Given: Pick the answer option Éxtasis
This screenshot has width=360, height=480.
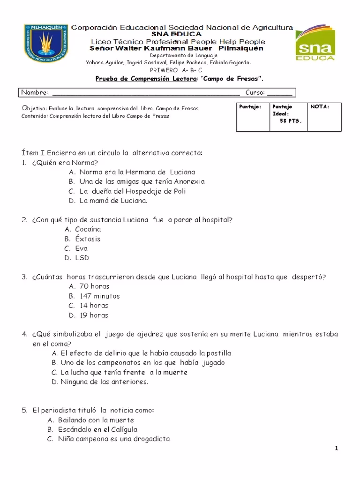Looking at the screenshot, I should click(88, 239).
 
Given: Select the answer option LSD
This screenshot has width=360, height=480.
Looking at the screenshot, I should click(82, 258).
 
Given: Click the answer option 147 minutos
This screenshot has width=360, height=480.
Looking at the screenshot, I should click(99, 296).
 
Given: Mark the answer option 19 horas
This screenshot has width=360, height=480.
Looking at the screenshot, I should click(94, 315).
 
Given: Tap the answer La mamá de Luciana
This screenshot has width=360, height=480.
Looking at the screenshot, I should click(113, 201).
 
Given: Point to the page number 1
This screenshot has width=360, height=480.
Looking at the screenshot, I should click(337, 449).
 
